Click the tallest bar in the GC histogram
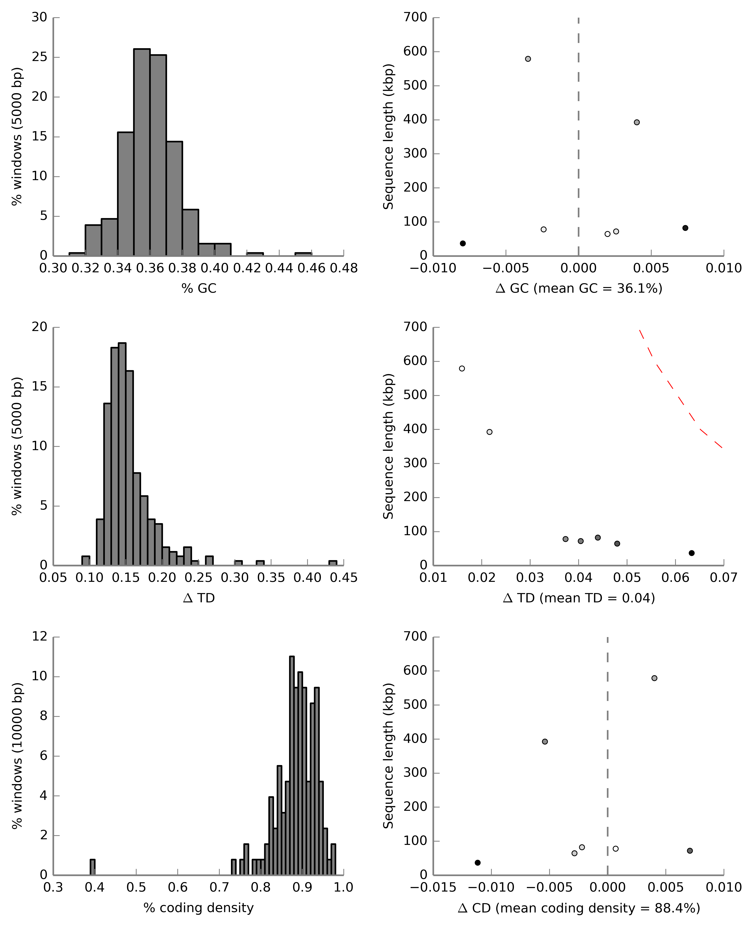[x=142, y=152]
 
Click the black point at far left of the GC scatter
[x=463, y=243]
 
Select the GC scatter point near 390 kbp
[x=637, y=122]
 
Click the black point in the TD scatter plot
[x=692, y=553]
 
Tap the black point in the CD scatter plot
[x=478, y=862]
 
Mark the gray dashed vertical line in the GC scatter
[x=579, y=130]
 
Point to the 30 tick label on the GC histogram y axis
[x=40, y=17]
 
